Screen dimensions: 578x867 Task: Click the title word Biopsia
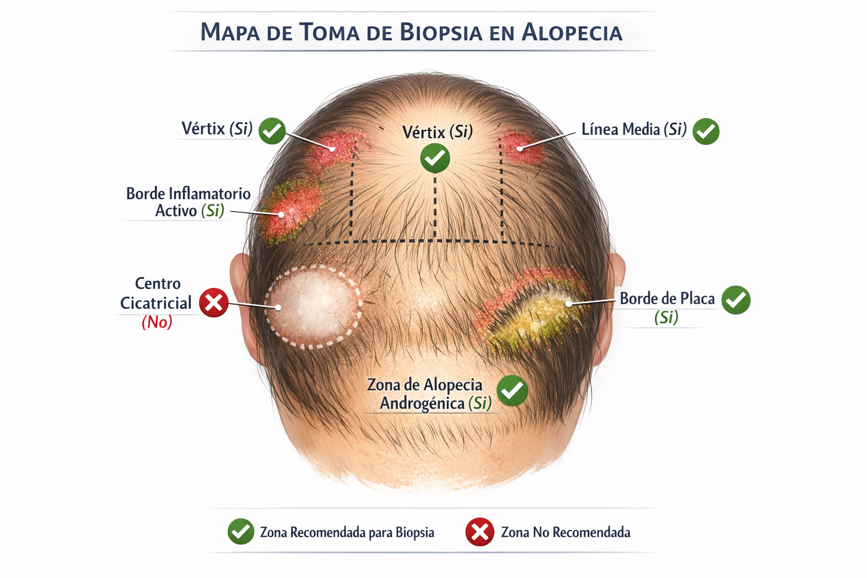click(x=441, y=32)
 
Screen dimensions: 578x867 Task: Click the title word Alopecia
click(x=572, y=32)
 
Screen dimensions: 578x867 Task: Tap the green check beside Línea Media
click(x=706, y=132)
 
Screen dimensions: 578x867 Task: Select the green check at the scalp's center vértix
click(x=435, y=157)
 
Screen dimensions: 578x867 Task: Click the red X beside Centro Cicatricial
click(x=214, y=303)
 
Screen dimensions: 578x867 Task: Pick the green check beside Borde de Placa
click(x=736, y=300)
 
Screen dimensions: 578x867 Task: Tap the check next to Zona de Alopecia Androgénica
click(x=513, y=390)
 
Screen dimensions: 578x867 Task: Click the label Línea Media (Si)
click(x=634, y=130)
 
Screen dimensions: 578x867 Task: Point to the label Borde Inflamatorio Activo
click(x=189, y=202)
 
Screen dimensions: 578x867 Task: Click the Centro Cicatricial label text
click(x=156, y=294)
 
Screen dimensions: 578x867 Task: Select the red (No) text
click(x=157, y=322)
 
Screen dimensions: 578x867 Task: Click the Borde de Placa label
click(x=667, y=299)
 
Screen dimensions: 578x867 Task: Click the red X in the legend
click(x=480, y=532)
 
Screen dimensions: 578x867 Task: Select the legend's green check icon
click(x=241, y=532)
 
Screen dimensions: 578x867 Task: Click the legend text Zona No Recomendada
click(x=566, y=532)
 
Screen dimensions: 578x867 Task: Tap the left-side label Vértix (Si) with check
click(x=217, y=129)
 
